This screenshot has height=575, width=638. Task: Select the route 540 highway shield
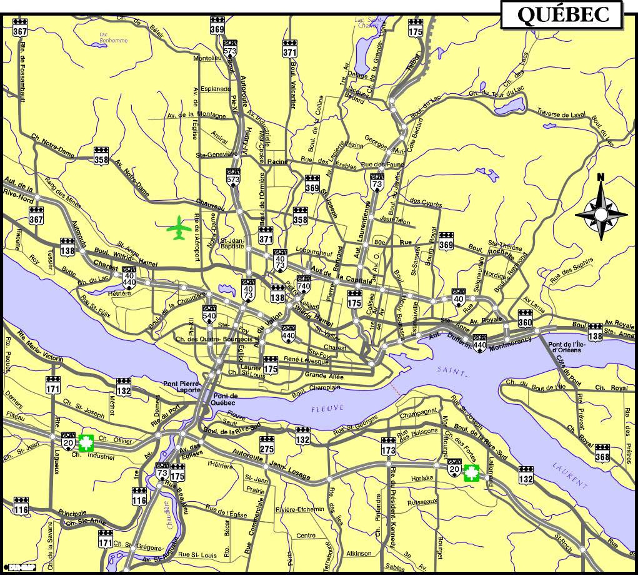[209, 312]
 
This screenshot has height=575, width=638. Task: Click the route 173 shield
[389, 447]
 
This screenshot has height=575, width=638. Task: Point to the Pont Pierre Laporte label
[181, 386]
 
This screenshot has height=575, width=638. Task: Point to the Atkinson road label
[359, 553]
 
